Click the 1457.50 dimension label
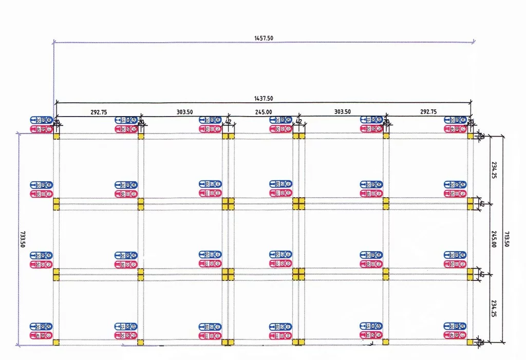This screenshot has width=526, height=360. tap(263, 38)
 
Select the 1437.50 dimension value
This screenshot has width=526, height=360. tap(264, 99)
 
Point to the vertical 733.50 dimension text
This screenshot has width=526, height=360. tap(23, 239)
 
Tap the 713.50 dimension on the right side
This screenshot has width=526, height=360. tap(506, 239)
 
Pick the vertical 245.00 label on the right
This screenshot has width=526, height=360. tap(494, 239)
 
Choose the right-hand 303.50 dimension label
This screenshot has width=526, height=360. tap(342, 112)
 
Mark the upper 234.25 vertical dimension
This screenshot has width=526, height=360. tap(494, 169)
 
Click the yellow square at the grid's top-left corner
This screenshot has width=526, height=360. tap(57, 136)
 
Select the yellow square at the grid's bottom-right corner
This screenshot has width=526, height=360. tap(469, 342)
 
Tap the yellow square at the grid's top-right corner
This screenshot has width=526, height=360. tap(469, 136)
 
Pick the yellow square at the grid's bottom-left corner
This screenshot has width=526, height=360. tap(57, 342)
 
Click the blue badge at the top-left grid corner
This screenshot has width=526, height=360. tap(41, 120)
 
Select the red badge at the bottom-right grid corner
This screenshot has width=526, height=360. tap(455, 335)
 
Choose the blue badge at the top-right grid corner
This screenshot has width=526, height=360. tap(455, 120)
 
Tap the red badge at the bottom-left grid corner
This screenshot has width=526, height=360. tap(41, 335)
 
